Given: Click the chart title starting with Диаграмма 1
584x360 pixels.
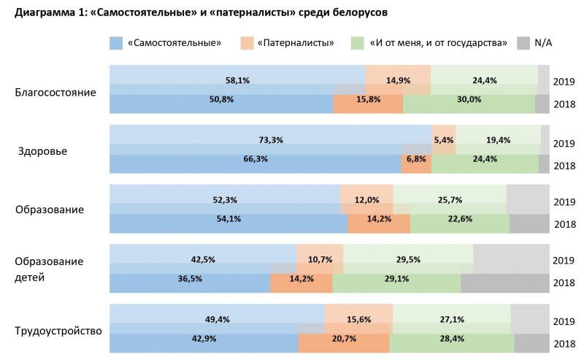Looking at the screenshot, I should pyautogui.click(x=196, y=13).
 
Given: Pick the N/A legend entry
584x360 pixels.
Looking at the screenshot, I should pyautogui.click(x=543, y=43).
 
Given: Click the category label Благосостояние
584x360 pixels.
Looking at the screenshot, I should pyautogui.click(x=55, y=93).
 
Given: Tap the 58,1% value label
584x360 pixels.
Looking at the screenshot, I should pyautogui.click(x=237, y=80).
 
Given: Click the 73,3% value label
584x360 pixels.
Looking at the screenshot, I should pyautogui.click(x=271, y=139).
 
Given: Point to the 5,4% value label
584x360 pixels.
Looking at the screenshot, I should pyautogui.click(x=444, y=139).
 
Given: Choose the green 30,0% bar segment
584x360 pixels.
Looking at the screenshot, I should pyautogui.click(x=469, y=104).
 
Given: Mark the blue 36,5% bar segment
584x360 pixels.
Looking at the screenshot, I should pyautogui.click(x=190, y=283).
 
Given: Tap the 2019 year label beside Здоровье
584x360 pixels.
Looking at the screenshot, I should pyautogui.click(x=564, y=142).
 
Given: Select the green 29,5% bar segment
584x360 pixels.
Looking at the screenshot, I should pyautogui.click(x=408, y=259).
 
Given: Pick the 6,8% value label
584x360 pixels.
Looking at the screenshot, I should pyautogui.click(x=416, y=164).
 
